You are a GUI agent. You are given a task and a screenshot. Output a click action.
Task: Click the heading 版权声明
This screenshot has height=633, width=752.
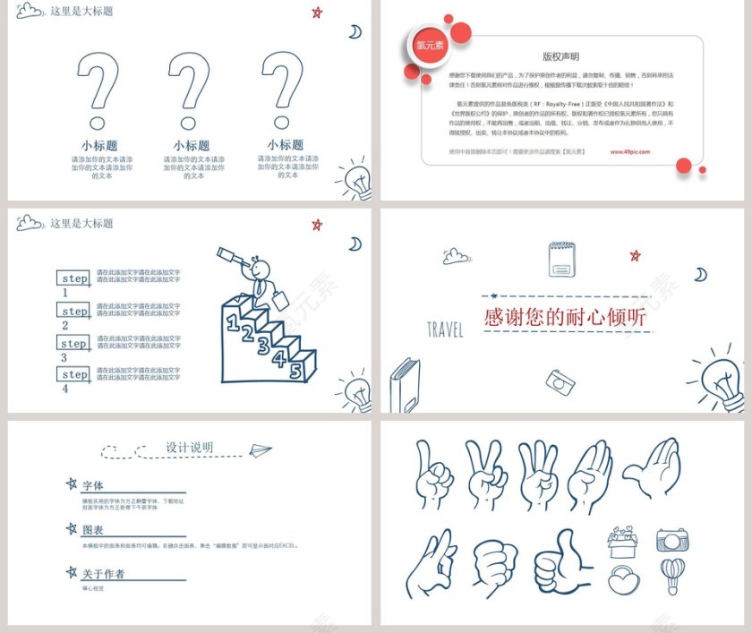tap(561, 56)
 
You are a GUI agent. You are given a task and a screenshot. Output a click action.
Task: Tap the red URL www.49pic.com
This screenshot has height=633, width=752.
tap(630, 152)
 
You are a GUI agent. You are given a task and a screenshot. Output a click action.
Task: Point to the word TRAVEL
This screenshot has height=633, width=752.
tap(445, 330)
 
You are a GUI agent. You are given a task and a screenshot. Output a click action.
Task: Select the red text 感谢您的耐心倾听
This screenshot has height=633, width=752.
tap(564, 317)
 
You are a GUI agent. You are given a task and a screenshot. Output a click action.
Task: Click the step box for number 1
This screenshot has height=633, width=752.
tap(73, 278)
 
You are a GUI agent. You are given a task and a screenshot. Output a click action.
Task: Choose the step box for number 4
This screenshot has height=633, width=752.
tap(73, 374)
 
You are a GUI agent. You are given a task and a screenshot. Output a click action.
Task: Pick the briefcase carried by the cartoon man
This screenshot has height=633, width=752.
tap(280, 299)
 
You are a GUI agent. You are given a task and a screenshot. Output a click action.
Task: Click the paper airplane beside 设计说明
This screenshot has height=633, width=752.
tap(261, 449)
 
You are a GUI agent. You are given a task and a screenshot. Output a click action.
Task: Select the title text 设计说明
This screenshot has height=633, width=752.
tap(189, 448)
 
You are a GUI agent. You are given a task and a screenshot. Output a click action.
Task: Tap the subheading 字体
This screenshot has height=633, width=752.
tap(93, 485)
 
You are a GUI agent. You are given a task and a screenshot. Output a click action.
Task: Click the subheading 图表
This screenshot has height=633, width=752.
tap(93, 530)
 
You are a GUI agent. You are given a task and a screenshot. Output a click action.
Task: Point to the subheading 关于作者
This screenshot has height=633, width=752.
tap(103, 574)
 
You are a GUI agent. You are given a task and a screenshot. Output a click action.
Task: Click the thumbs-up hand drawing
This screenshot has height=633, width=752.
tap(561, 561)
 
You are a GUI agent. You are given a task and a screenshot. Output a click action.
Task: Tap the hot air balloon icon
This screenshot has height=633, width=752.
tap(672, 575)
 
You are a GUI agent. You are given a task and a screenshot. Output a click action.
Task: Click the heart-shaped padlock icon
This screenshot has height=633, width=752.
tap(624, 579)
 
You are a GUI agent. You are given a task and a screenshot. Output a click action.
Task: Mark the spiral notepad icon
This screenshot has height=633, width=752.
tap(562, 259)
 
